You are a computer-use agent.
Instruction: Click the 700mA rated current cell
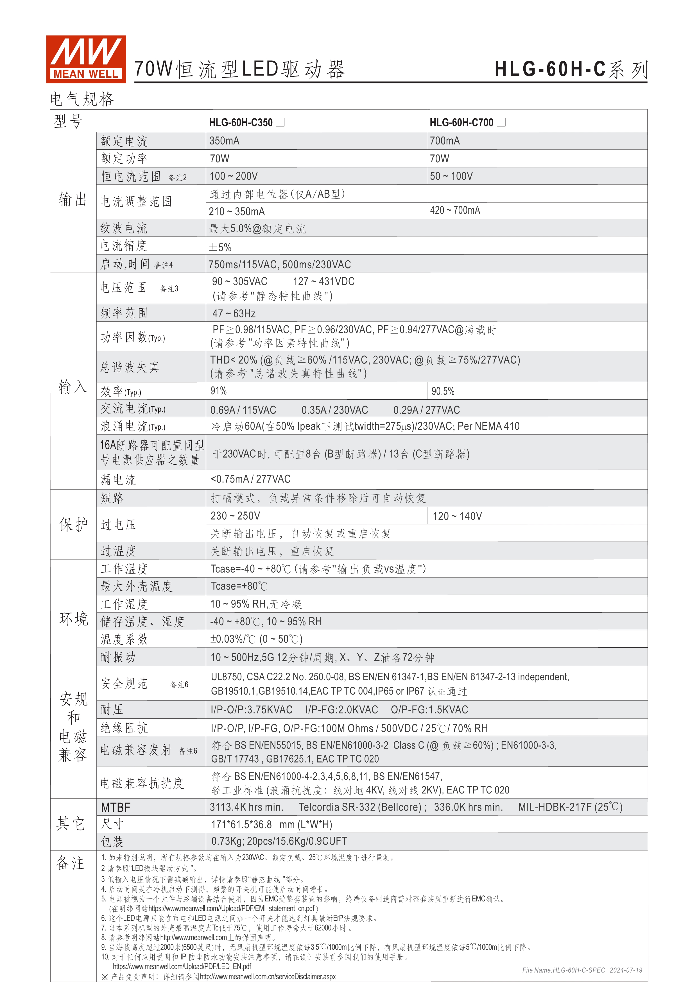[445, 141]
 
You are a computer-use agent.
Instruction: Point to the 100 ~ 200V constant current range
[234, 176]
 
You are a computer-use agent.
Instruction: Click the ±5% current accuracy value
[220, 247]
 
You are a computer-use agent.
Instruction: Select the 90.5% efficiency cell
[443, 391]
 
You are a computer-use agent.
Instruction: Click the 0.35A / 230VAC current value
[334, 410]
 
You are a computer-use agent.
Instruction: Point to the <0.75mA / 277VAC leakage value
[251, 479]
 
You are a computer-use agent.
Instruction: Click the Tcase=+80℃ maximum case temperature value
[239, 586]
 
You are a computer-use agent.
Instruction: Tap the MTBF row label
[116, 808]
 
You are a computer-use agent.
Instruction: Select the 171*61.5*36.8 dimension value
[241, 825]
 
